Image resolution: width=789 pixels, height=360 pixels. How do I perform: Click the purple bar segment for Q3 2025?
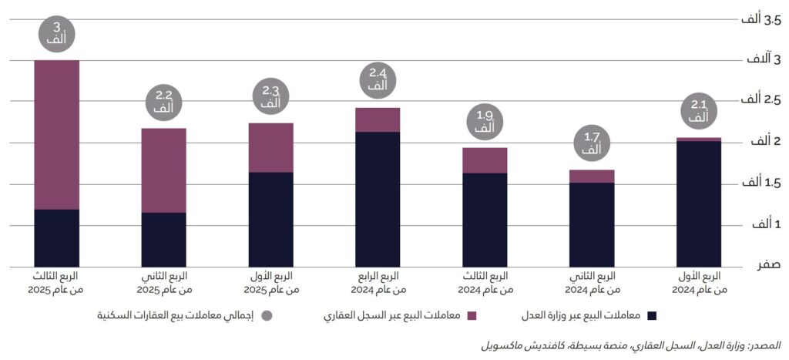[x=57, y=135]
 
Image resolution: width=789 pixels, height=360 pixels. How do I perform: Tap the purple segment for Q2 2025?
[x=164, y=170]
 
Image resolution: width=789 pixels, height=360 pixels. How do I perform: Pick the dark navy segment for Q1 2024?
[x=699, y=204]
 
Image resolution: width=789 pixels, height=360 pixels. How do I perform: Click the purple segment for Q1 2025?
[x=271, y=147]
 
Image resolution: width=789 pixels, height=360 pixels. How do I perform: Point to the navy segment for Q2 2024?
[x=592, y=224]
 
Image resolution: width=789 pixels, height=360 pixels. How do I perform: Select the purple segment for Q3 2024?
[x=485, y=160]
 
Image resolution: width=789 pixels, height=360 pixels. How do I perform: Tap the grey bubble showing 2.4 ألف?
[x=378, y=80]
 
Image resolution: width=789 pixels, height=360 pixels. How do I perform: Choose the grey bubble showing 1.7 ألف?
[x=592, y=144]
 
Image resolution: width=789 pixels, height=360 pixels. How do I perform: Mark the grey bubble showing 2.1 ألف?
[x=699, y=112]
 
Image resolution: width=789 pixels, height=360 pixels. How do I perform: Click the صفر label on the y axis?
[x=768, y=265]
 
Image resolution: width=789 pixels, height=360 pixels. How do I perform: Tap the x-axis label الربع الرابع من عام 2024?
[x=378, y=283]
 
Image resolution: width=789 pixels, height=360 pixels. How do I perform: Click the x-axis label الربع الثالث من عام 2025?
[x=57, y=283]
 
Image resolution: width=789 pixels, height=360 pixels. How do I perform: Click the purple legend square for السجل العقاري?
[x=472, y=315]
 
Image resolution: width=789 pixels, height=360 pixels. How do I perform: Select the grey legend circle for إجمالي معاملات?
[x=267, y=315]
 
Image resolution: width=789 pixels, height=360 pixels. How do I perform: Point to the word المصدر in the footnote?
[x=766, y=344]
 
